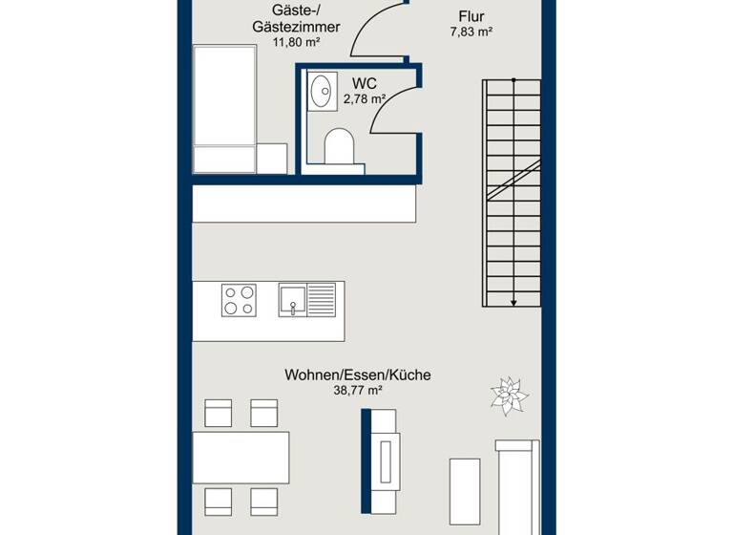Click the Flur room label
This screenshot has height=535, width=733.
click(x=471, y=16)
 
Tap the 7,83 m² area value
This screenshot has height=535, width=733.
click(x=471, y=32)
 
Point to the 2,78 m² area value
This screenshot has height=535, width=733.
click(x=365, y=98)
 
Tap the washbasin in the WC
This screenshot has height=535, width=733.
click(x=321, y=91)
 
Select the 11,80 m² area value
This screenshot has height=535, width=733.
click(x=296, y=43)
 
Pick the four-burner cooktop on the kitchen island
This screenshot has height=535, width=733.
click(x=239, y=300)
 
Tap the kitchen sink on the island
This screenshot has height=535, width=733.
click(x=307, y=299)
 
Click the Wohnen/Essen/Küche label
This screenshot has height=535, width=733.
click(x=357, y=375)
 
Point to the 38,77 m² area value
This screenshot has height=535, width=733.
click(x=357, y=391)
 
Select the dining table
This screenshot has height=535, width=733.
click(x=241, y=458)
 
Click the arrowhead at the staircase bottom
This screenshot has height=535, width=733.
click(x=513, y=302)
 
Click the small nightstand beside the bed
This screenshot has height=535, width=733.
click(x=272, y=159)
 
